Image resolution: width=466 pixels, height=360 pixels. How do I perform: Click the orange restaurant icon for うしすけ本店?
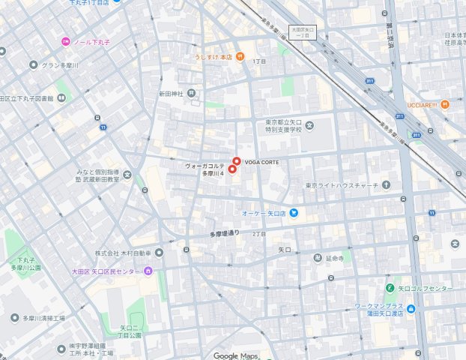tap(239, 55)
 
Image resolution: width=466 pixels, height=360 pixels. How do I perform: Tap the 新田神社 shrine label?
tap(170, 94)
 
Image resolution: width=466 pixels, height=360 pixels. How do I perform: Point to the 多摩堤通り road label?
tap(225, 233)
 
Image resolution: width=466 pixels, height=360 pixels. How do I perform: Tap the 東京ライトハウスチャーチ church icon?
tap(387, 185)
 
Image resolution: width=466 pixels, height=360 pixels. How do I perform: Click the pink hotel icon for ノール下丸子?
tap(66, 41)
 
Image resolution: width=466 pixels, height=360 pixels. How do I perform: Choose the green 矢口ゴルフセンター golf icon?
tap(390, 289)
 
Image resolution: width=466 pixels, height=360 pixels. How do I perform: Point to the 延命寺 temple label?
tap(334, 258)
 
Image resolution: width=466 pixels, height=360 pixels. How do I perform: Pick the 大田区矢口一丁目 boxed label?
tap(304, 32)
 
